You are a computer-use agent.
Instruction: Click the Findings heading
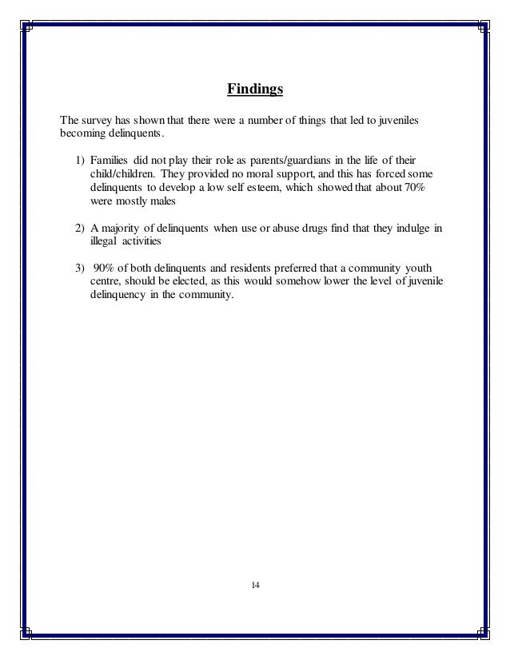point(255,88)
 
